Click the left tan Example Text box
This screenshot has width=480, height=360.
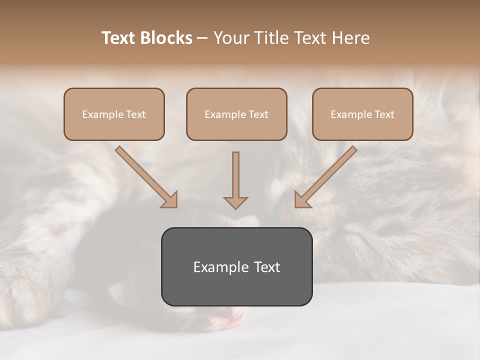tap(114, 114)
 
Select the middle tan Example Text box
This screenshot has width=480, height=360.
tap(236, 114)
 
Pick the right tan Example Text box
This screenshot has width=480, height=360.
tap(362, 114)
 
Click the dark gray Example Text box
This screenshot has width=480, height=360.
tap(236, 266)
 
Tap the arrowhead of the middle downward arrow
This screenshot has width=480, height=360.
tap(235, 202)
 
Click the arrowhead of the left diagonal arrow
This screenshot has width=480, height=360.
tap(170, 200)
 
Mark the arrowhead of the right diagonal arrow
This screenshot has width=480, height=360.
tap(302, 200)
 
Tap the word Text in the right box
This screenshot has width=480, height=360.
tap(384, 114)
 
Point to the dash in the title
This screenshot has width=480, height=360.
tap(202, 38)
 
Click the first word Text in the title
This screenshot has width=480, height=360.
tap(118, 38)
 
